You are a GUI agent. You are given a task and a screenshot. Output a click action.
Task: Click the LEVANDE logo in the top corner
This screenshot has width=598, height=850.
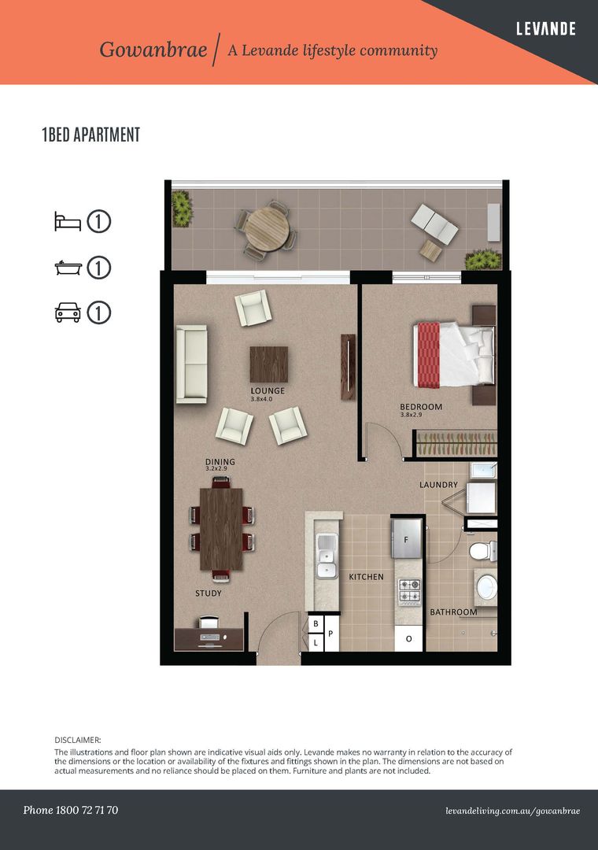[x=545, y=29]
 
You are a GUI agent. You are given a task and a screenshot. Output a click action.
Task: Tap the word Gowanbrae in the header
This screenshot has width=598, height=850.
[x=153, y=50]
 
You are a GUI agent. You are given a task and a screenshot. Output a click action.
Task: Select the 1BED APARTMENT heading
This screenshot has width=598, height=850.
[x=91, y=135]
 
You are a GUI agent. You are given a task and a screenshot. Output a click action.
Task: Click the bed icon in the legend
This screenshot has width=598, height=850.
[x=68, y=221]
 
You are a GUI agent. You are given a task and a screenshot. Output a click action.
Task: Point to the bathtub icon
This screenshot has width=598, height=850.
[x=68, y=268]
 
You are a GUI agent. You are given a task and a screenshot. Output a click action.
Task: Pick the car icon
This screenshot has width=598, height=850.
[x=68, y=312]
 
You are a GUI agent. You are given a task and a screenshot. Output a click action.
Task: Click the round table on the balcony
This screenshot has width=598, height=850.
[x=267, y=229]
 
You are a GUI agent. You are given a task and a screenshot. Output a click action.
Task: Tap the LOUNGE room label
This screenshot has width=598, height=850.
[x=268, y=390]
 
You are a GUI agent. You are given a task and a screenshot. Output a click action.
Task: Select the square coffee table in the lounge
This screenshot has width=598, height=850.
[x=269, y=364]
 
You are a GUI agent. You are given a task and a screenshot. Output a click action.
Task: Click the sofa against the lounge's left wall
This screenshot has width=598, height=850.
[x=191, y=364]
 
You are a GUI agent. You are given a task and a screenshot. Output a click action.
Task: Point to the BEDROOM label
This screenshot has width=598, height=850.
[x=421, y=407]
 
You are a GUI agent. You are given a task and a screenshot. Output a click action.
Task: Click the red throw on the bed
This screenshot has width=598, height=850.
[x=429, y=355]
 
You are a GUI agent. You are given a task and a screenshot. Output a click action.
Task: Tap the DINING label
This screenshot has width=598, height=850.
[x=220, y=461]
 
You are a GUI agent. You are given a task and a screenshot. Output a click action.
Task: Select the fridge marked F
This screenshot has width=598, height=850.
[x=406, y=538]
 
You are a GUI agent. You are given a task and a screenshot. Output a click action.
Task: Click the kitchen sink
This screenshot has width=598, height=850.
[x=327, y=556]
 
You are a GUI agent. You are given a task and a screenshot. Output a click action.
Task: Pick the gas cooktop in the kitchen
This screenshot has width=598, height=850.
[x=409, y=591]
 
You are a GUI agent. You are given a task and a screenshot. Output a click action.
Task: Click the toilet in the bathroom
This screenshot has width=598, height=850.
[x=482, y=551]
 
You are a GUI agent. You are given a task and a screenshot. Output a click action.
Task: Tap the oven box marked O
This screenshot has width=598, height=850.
[x=409, y=638]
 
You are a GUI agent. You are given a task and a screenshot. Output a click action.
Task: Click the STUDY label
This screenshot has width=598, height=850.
[x=209, y=593]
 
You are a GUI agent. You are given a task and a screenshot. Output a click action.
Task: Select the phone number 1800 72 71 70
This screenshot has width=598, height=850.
[x=87, y=810]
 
